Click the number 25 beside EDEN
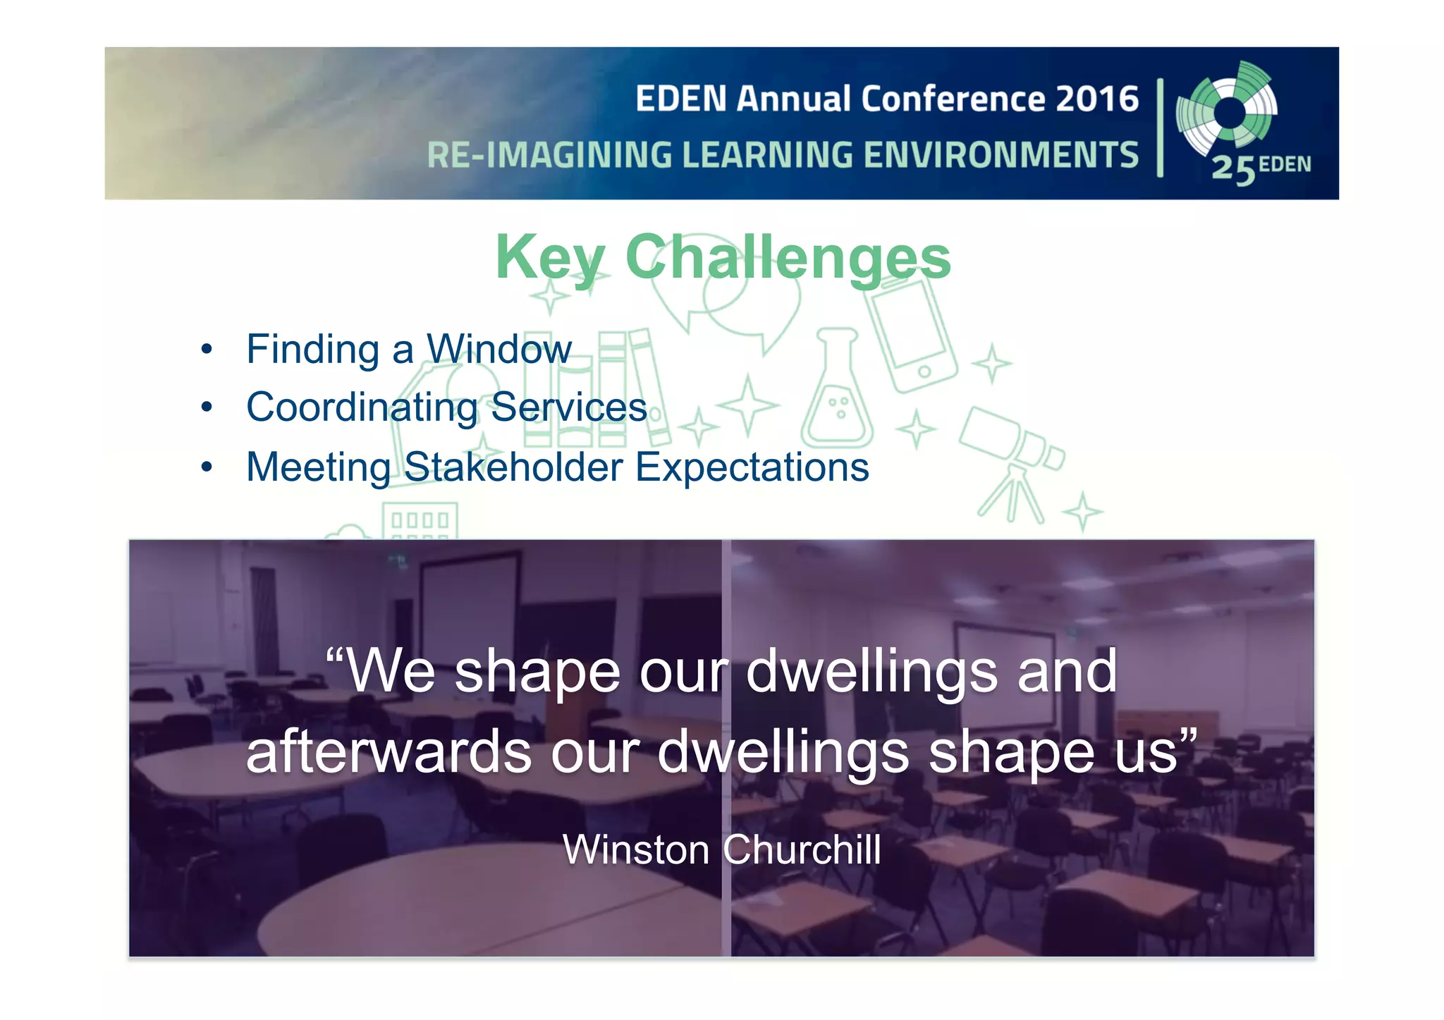tap(1233, 169)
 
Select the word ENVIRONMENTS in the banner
tap(1001, 156)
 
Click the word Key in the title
tap(550, 258)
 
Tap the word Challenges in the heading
tap(788, 258)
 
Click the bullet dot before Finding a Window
tap(207, 350)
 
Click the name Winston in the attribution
tap(636, 849)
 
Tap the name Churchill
tap(802, 849)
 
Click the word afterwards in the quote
tap(388, 751)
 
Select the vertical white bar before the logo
tap(1160, 127)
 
